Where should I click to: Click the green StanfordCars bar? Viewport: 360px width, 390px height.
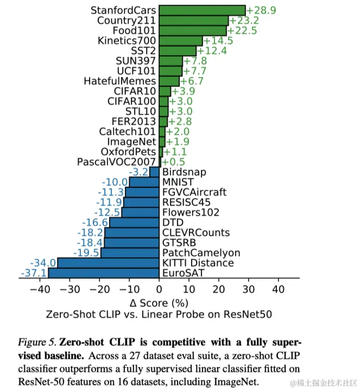pos(202,10)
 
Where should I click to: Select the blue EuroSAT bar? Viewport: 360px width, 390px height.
pos(104,273)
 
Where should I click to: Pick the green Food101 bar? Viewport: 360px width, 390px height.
pos(193,30)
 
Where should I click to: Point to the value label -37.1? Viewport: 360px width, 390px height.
pos(33,273)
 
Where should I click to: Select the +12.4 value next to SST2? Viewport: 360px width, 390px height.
pos(213,51)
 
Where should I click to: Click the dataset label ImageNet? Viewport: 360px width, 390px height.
pos(132,141)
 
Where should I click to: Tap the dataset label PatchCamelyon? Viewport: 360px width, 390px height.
pos(190,253)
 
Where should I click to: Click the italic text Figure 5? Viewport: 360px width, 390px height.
pos(36,342)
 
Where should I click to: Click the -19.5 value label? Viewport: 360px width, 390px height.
pos(86,253)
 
